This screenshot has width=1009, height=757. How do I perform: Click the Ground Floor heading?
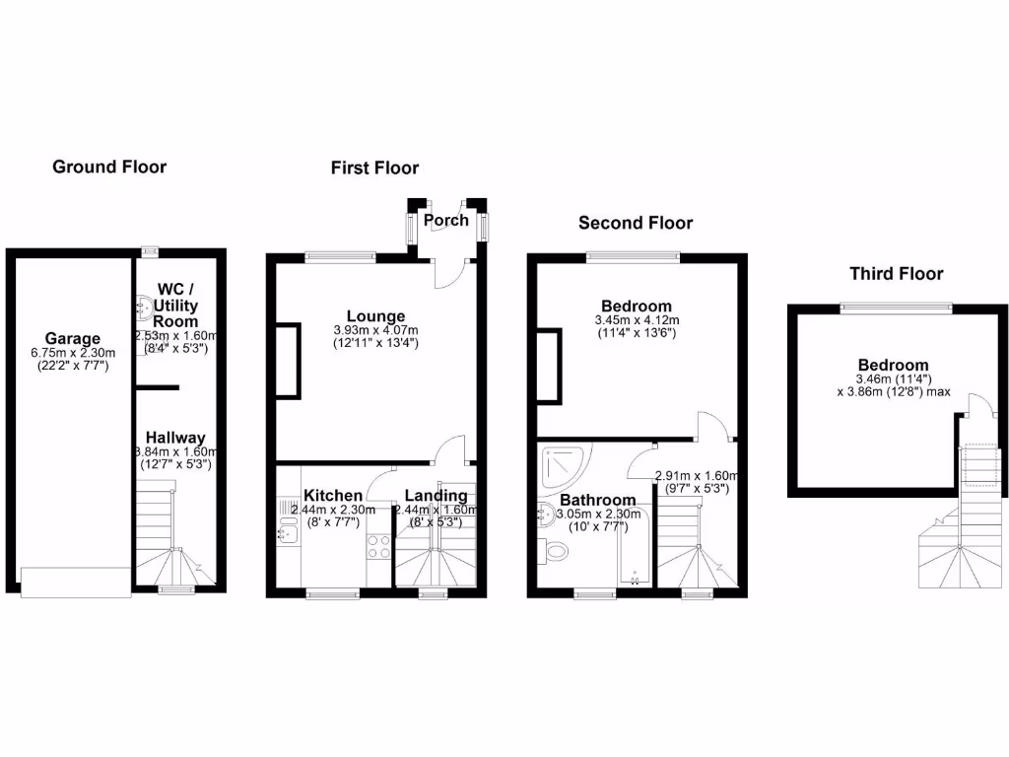pos(109,167)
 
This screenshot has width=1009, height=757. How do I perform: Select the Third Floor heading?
pos(897,274)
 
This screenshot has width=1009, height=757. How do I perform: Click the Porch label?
pos(445,220)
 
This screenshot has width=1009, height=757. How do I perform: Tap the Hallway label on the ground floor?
pos(175,438)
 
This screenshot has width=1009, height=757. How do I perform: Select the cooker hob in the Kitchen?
pos(377,546)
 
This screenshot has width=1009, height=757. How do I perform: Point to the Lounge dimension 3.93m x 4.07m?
pos(375,330)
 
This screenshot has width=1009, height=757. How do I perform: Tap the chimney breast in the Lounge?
pos(287,361)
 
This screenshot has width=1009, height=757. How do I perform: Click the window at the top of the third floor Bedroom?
pos(896,307)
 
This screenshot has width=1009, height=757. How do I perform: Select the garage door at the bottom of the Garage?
pos(75,582)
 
